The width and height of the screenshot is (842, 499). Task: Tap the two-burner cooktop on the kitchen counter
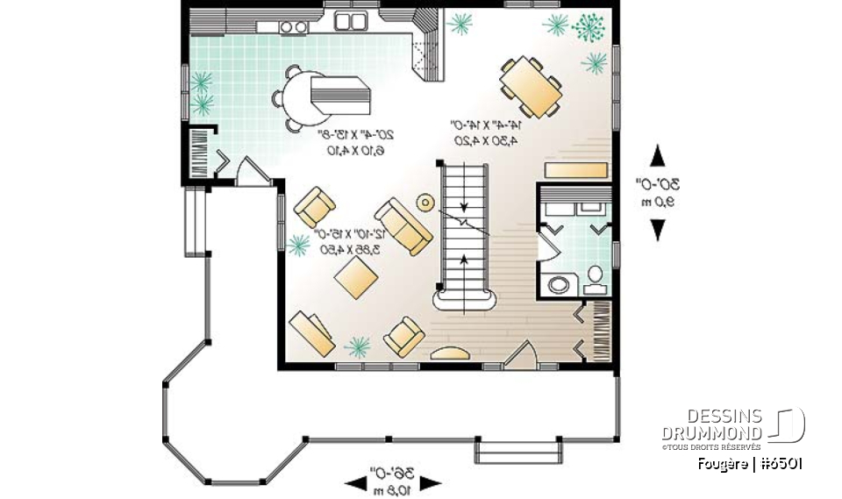[294, 27]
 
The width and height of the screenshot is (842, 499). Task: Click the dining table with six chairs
[530, 85]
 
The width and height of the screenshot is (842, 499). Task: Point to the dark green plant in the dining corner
[589, 28]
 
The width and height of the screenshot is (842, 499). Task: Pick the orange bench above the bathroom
[574, 169]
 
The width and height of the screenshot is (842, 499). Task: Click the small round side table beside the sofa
[425, 203]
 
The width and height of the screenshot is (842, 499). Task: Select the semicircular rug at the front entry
[450, 353]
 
